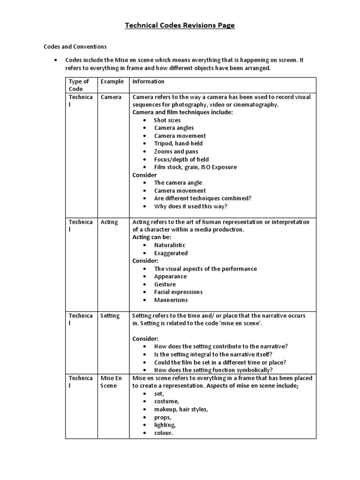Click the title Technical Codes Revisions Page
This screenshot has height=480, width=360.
[180, 25]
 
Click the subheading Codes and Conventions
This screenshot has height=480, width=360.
[75, 47]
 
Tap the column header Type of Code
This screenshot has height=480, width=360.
[79, 85]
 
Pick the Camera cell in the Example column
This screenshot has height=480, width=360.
[111, 97]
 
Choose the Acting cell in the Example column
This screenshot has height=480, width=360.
[109, 222]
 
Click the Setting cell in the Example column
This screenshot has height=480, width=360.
[110, 316]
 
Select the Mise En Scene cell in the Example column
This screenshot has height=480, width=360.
[112, 382]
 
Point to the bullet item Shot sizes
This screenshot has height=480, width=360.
[167, 120]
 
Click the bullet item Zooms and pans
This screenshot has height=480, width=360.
[176, 151]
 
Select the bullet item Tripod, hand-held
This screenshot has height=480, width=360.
[178, 144]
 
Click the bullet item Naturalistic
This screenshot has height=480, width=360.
[170, 245]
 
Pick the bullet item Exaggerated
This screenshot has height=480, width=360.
[171, 253]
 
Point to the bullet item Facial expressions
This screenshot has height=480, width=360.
[178, 292]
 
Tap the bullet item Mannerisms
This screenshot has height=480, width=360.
[171, 300]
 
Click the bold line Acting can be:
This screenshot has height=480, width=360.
[152, 238]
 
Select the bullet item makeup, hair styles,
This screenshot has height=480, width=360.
[181, 409]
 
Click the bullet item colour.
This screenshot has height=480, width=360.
[164, 433]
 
